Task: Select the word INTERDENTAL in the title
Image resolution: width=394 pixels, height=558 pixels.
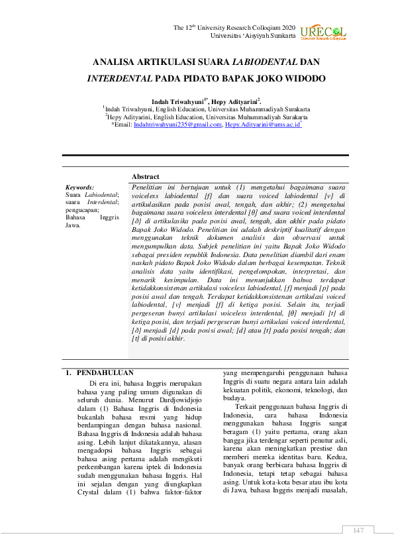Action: tap(119, 78)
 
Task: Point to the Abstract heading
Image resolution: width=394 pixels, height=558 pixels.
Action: tap(145, 176)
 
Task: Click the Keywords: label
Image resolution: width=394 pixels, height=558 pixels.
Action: tap(79, 188)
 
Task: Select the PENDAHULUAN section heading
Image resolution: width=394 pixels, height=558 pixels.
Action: tap(105, 373)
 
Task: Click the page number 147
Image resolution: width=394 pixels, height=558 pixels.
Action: tap(358, 530)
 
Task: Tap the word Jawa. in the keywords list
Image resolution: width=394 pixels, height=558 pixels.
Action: tap(72, 225)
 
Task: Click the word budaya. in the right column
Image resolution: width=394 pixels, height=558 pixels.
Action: tap(233, 398)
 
